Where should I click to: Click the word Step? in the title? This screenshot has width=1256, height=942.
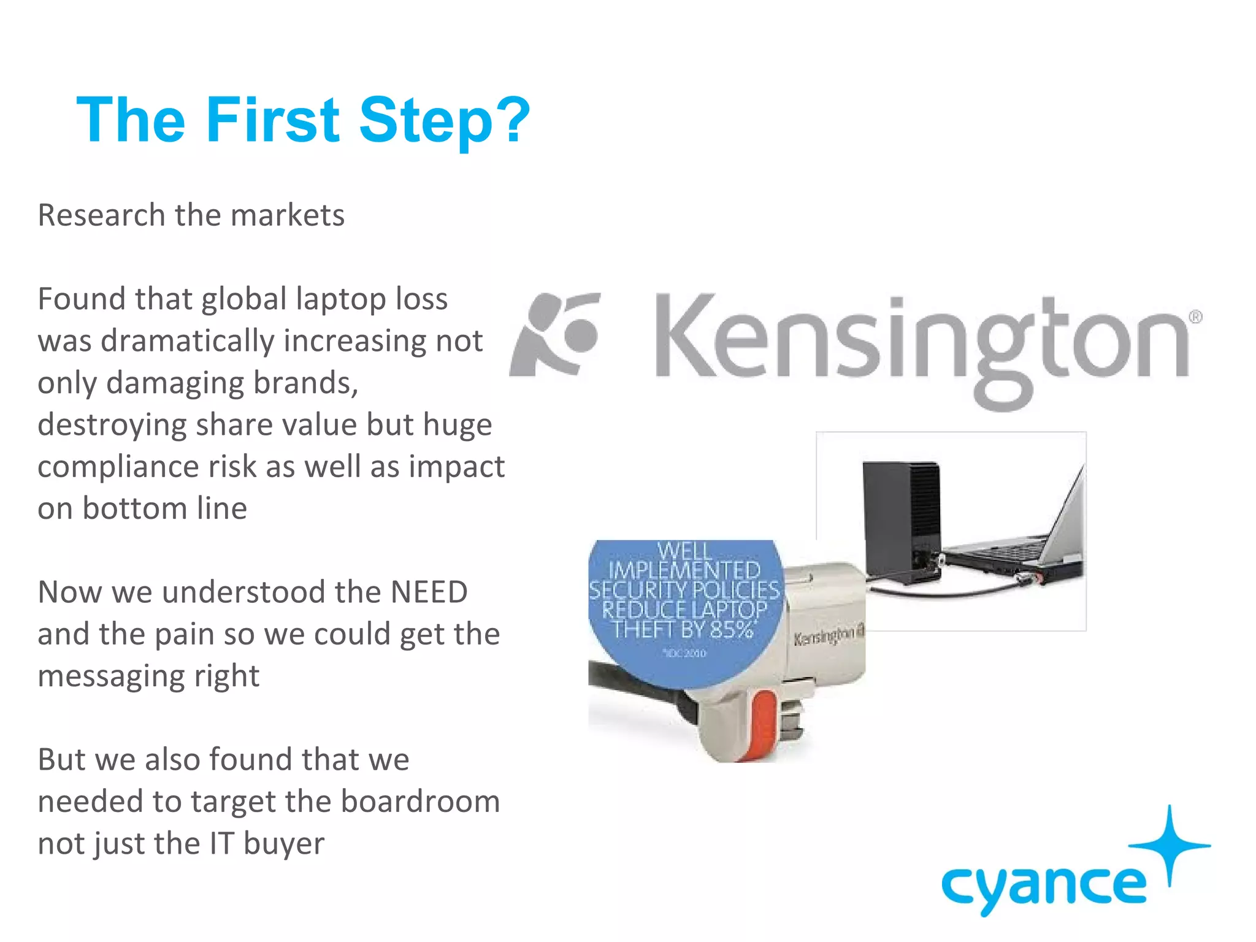click(444, 121)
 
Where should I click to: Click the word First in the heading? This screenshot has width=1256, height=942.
click(272, 121)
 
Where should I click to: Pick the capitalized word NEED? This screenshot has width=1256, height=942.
click(429, 593)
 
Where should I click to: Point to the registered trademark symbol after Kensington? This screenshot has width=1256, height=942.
click(1195, 317)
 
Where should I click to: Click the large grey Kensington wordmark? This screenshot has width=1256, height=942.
click(920, 343)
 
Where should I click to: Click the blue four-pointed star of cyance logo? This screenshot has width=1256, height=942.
click(1169, 845)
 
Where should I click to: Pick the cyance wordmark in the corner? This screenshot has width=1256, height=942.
click(1043, 887)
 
